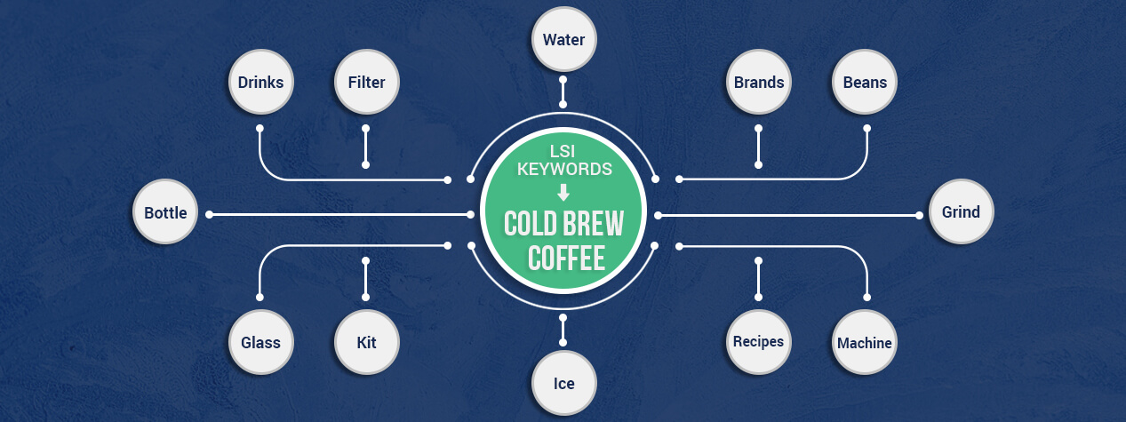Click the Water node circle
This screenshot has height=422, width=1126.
pyautogui.click(x=563, y=40)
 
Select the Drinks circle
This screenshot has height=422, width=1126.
pyautogui.click(x=260, y=83)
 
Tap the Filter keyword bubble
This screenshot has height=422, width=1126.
pyautogui.click(x=366, y=83)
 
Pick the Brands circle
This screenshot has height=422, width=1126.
pyautogui.click(x=758, y=83)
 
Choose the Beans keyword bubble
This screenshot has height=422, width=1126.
pyautogui.click(x=865, y=83)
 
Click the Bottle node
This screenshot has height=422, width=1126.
pyautogui.click(x=165, y=213)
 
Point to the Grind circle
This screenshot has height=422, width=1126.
pyautogui.click(x=961, y=213)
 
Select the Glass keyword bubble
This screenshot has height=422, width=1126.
pyautogui.click(x=260, y=342)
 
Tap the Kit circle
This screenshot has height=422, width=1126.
pyautogui.click(x=366, y=342)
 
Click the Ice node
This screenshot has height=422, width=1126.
pyautogui.click(x=563, y=384)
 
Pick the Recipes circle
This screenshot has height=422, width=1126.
pyautogui.click(x=758, y=342)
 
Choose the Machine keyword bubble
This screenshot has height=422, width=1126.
pyautogui.click(x=865, y=343)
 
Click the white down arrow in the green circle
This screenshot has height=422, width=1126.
pyautogui.click(x=563, y=192)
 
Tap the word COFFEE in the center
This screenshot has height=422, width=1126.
pyautogui.click(x=565, y=258)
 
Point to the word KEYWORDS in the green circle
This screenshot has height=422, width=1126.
pyautogui.click(x=564, y=169)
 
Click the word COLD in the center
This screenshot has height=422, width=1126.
pyautogui.click(x=529, y=223)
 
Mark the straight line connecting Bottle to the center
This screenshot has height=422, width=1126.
pyautogui.click(x=338, y=214)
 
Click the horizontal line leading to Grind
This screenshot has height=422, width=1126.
pyautogui.click(x=791, y=214)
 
